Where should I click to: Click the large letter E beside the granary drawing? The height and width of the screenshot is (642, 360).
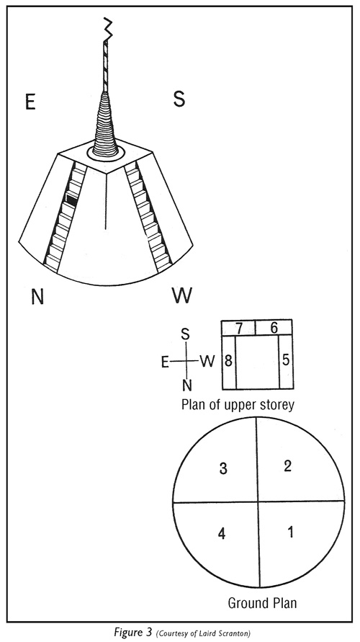pos(30,101)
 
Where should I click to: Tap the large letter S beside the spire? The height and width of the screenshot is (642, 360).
pos(179,99)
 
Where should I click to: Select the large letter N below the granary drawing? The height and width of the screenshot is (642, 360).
pos(37,296)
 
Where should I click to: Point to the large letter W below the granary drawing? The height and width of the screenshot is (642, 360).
pos(182,295)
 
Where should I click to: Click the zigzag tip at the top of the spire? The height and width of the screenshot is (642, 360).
pos(107,29)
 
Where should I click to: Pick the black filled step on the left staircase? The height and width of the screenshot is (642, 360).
pos(71,200)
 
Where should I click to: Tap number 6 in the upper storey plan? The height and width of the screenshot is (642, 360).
pos(274,328)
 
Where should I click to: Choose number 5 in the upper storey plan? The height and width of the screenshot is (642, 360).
pos(286,361)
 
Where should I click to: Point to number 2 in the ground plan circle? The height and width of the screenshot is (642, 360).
pos(287,466)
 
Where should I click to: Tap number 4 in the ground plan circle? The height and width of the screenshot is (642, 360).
pos(222,534)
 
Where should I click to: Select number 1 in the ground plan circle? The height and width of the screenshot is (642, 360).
pos(291,532)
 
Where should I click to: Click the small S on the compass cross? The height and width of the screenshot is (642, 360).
pos(186,334)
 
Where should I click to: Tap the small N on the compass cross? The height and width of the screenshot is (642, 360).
pos(187,385)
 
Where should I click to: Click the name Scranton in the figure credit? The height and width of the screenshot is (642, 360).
pos(237,633)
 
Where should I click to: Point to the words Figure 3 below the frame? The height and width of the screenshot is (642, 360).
pos(133,633)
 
